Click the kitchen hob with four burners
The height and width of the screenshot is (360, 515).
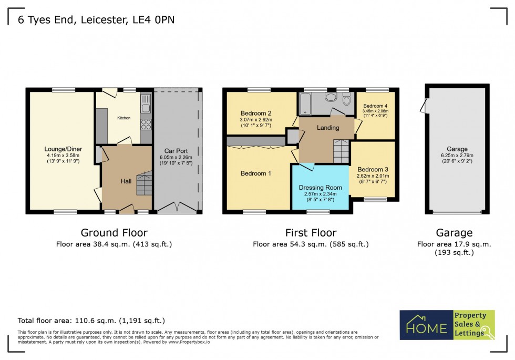coord(146,125)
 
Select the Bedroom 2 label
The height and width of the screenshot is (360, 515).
coord(256,113)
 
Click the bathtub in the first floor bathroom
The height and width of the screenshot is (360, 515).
coord(305,104)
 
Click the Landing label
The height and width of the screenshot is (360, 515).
coord(327,128)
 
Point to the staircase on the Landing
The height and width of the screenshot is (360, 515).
coord(341,151)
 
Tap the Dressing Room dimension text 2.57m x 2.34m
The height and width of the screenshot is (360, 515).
coord(320,194)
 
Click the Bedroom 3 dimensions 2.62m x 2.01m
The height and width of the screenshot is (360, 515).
coord(373,176)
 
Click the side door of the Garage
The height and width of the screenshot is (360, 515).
coord(423,107)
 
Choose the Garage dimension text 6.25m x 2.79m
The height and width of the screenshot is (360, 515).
coord(456,156)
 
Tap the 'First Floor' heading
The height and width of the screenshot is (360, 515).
coord(310,232)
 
